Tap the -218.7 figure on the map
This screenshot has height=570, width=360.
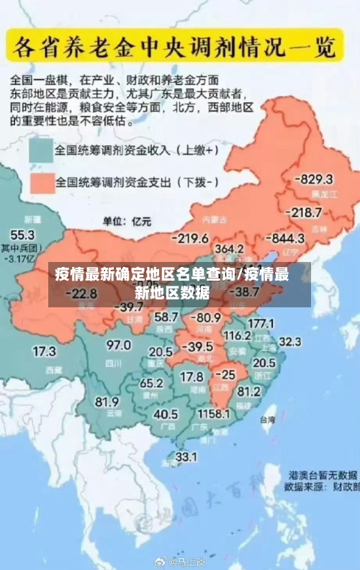(304, 212)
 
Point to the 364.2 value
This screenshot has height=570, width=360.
(229, 248)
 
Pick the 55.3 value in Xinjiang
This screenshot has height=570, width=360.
(22, 235)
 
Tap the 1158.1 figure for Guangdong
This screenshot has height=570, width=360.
(214, 415)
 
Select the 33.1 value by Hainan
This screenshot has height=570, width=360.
(186, 456)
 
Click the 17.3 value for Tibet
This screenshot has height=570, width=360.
(44, 352)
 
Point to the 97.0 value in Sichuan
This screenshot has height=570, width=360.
(119, 345)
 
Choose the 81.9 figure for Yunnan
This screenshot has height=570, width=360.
(107, 401)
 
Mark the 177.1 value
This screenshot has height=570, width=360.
(261, 323)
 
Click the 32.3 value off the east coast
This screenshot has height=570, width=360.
(290, 340)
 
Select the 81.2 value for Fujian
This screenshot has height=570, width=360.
(248, 392)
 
